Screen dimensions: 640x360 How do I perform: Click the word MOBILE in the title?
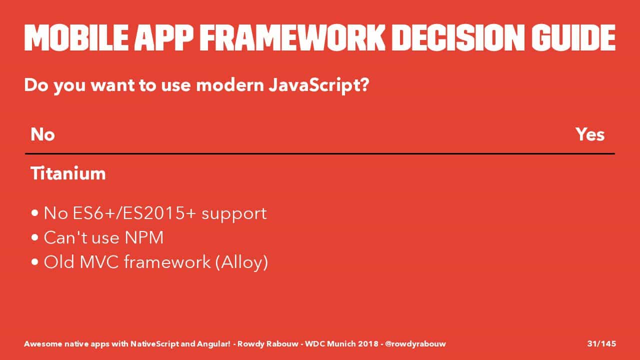tap(76, 37)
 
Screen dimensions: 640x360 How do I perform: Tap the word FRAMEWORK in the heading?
tap(292, 37)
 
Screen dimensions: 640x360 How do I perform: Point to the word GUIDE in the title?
tap(573, 37)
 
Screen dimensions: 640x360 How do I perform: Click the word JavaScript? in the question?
tap(319, 85)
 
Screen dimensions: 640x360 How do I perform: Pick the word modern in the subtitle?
tap(230, 85)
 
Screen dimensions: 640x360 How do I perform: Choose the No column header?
tap(42, 134)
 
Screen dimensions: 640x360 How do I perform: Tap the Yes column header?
tap(590, 134)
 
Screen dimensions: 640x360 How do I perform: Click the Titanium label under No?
tap(68, 173)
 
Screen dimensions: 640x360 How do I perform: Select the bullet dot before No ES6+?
tap(35, 213)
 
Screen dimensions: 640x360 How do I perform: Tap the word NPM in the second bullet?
tap(144, 237)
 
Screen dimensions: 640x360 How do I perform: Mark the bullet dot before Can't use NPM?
tap(35, 237)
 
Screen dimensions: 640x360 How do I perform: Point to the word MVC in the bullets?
tap(99, 261)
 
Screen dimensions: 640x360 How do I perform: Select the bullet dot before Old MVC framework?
tap(35, 262)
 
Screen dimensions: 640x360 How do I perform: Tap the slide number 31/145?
tap(601, 343)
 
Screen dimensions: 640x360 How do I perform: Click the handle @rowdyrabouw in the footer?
tap(415, 343)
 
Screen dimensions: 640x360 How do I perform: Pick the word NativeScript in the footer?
tap(154, 343)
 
